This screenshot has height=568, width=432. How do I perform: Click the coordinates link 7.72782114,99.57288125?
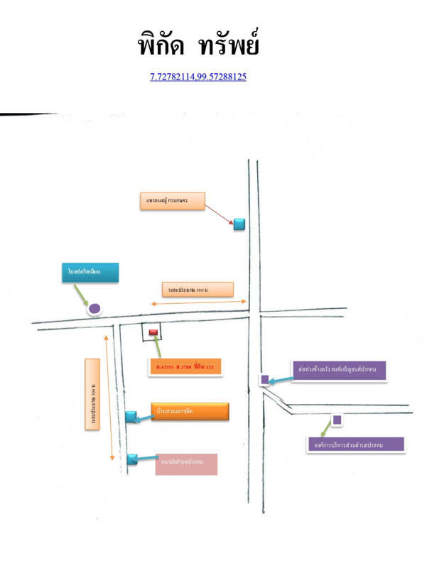pos(198,76)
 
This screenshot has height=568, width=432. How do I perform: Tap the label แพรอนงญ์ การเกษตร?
pos(171,202)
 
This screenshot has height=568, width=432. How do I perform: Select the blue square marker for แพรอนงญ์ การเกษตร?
pos(239,224)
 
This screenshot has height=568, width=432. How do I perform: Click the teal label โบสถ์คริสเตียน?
pos(90,273)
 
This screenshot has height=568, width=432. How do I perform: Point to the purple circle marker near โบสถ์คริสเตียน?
pos(93,309)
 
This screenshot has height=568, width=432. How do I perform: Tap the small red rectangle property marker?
pos(153,330)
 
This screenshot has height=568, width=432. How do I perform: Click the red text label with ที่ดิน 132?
pos(188,366)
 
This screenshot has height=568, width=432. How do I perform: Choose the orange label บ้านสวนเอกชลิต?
pos(190,412)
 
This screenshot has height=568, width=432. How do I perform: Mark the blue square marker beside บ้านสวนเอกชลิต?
pos(131,417)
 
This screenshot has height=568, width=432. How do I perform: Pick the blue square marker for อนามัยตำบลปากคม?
pos(131,459)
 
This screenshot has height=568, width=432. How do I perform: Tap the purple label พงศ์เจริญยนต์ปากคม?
pos(338,369)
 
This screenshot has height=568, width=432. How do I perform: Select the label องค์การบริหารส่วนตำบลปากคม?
pos(354,444)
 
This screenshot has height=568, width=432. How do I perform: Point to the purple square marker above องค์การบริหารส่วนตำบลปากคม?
pos(337,420)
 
